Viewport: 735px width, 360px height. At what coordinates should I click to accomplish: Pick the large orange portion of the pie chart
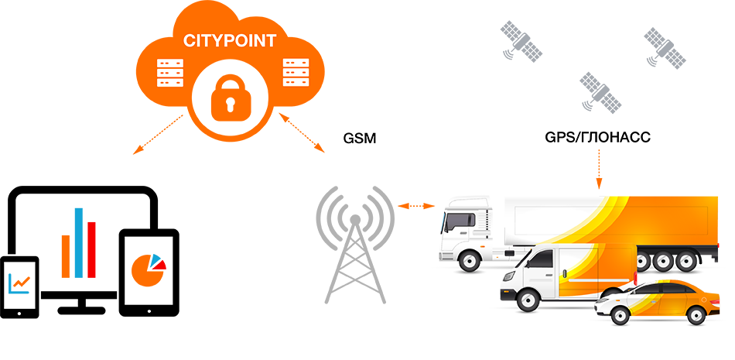pos(145,273)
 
